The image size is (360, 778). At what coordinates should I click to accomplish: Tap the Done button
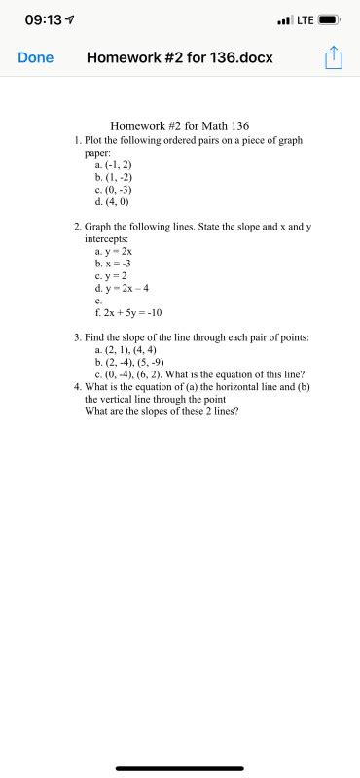[x=36, y=57]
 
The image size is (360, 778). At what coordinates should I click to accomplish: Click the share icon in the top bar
[x=334, y=57]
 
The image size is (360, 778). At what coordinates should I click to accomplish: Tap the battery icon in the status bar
[x=329, y=19]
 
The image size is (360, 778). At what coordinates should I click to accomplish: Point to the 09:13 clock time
[x=44, y=19]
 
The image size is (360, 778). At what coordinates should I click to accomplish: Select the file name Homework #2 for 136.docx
[x=180, y=57]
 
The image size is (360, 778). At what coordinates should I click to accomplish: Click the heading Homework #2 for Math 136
[x=180, y=126]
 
